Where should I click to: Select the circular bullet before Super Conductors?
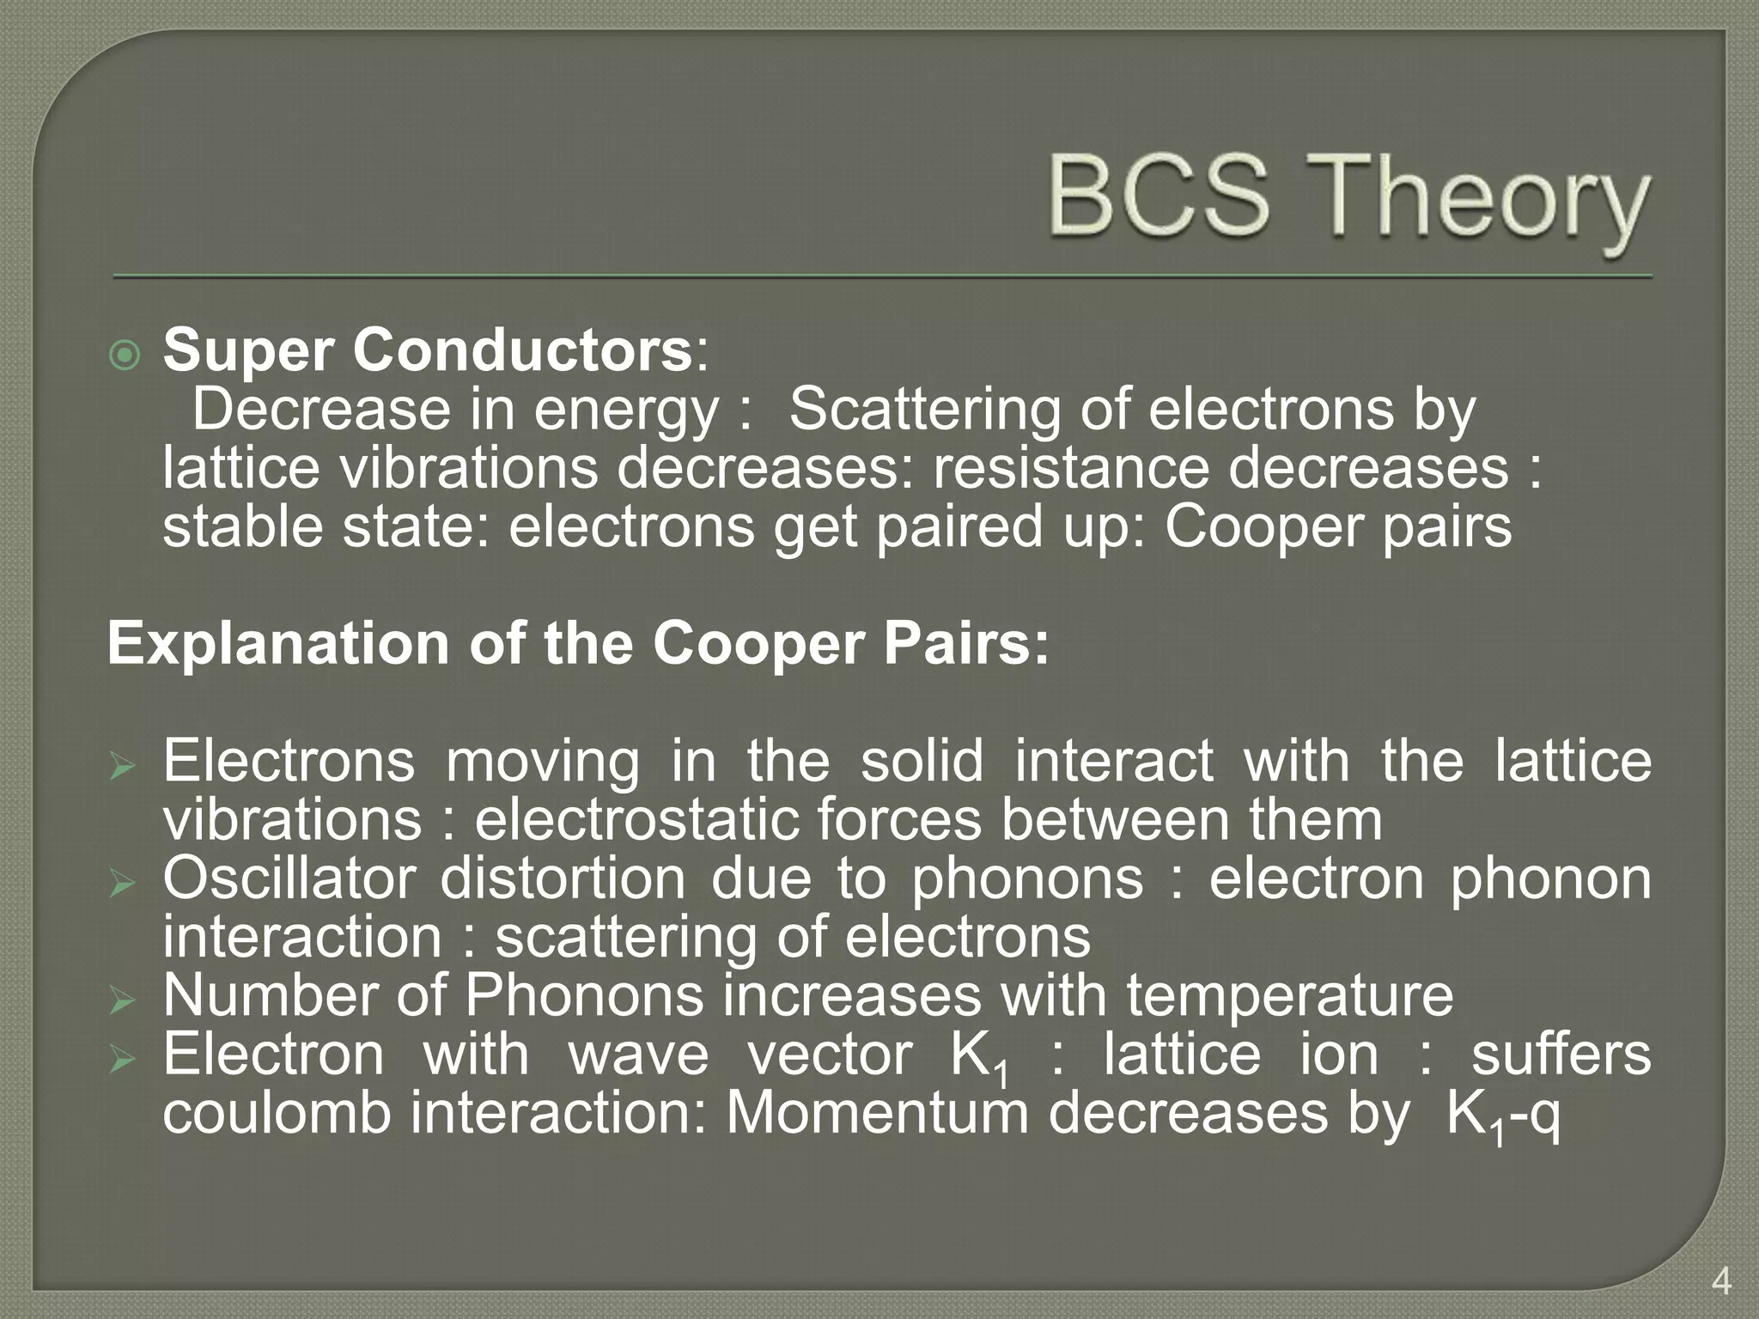[125, 354]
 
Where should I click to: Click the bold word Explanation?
[278, 643]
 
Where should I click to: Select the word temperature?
[1289, 996]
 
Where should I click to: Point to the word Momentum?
[877, 1114]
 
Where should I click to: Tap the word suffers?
[1561, 1055]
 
